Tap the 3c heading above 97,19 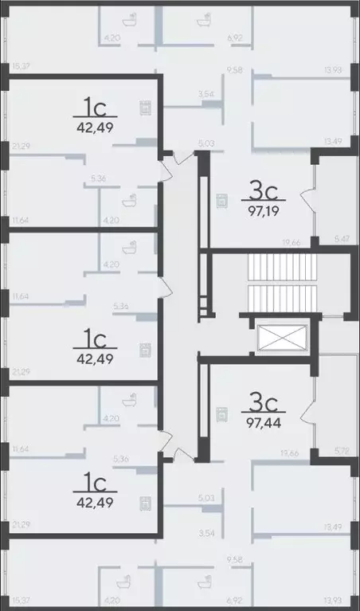263,192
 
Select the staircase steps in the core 266,283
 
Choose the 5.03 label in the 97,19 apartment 205,144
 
